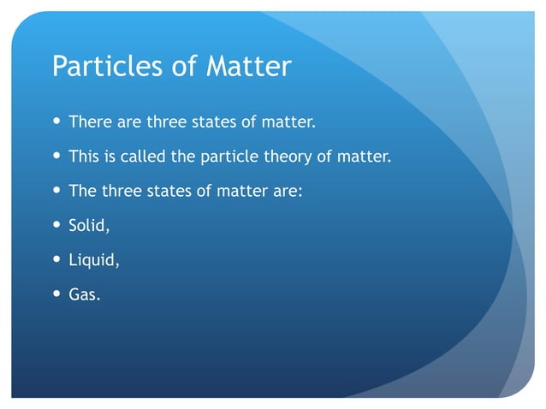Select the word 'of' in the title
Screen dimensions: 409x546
pyautogui.click(x=183, y=67)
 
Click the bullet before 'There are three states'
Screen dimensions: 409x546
pyautogui.click(x=56, y=122)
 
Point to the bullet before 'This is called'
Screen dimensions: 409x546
pyautogui.click(x=56, y=157)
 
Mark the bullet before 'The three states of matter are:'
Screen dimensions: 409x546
pyautogui.click(x=56, y=191)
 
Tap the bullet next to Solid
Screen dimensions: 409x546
pyautogui.click(x=56, y=225)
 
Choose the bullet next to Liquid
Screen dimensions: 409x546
pyautogui.click(x=56, y=260)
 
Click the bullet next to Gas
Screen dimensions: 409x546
pyautogui.click(x=56, y=294)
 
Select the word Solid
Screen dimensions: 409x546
pyautogui.click(x=89, y=226)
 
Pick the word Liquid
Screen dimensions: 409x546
pyautogui.click(x=93, y=261)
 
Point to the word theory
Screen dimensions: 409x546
pyautogui.click(x=293, y=157)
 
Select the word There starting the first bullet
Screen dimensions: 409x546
pyautogui.click(x=86, y=122)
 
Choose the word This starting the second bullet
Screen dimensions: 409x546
pyautogui.click(x=83, y=157)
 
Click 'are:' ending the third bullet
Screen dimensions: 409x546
pyautogui.click(x=288, y=192)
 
